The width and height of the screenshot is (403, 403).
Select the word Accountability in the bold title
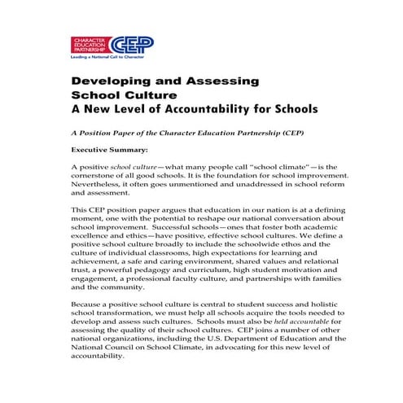point(207,108)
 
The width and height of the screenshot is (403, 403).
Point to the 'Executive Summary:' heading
point(109,150)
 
